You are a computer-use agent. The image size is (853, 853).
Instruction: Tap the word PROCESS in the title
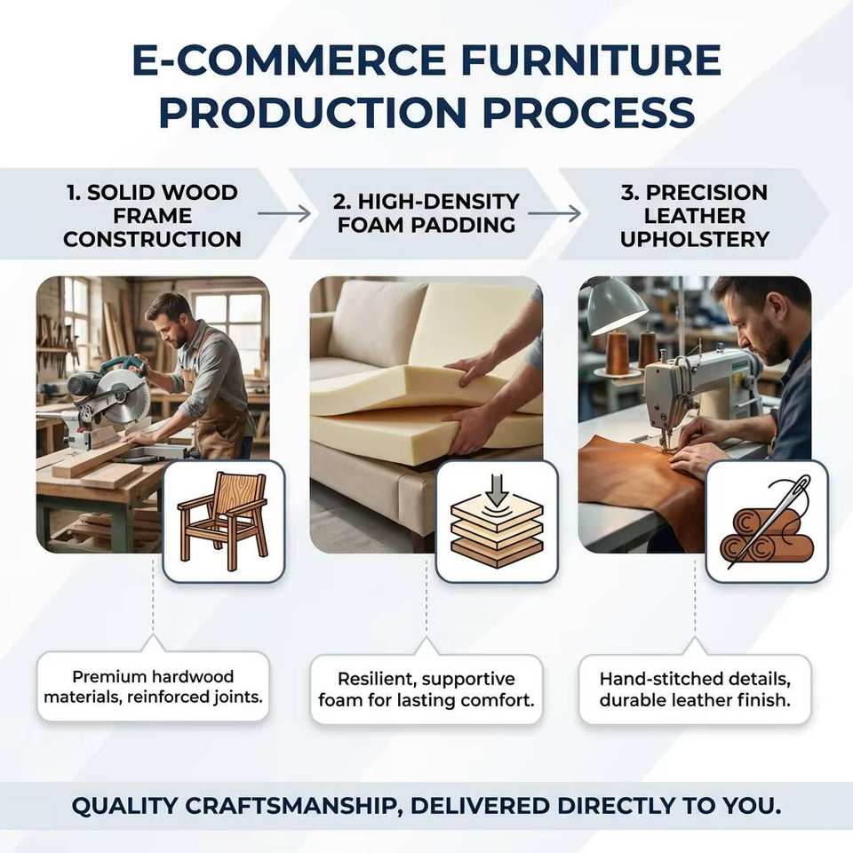tap(588, 113)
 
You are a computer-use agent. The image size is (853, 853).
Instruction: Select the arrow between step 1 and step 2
tap(283, 214)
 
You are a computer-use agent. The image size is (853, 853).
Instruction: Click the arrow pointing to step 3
tap(554, 214)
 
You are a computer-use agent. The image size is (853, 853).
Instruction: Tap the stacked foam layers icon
tap(496, 522)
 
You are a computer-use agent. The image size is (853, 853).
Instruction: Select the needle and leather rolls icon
tap(767, 521)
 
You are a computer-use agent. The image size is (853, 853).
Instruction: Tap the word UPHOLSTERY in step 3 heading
tap(695, 239)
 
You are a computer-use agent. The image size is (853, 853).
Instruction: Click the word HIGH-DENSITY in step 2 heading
tap(426, 202)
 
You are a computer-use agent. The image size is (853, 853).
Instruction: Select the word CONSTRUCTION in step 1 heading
tap(152, 239)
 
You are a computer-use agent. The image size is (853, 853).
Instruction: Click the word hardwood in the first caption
tap(193, 677)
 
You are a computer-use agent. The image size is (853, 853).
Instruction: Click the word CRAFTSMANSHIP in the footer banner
tap(294, 806)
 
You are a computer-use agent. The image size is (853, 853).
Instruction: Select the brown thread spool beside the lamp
tap(618, 353)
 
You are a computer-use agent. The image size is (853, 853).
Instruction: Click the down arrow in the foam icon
tap(496, 489)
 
